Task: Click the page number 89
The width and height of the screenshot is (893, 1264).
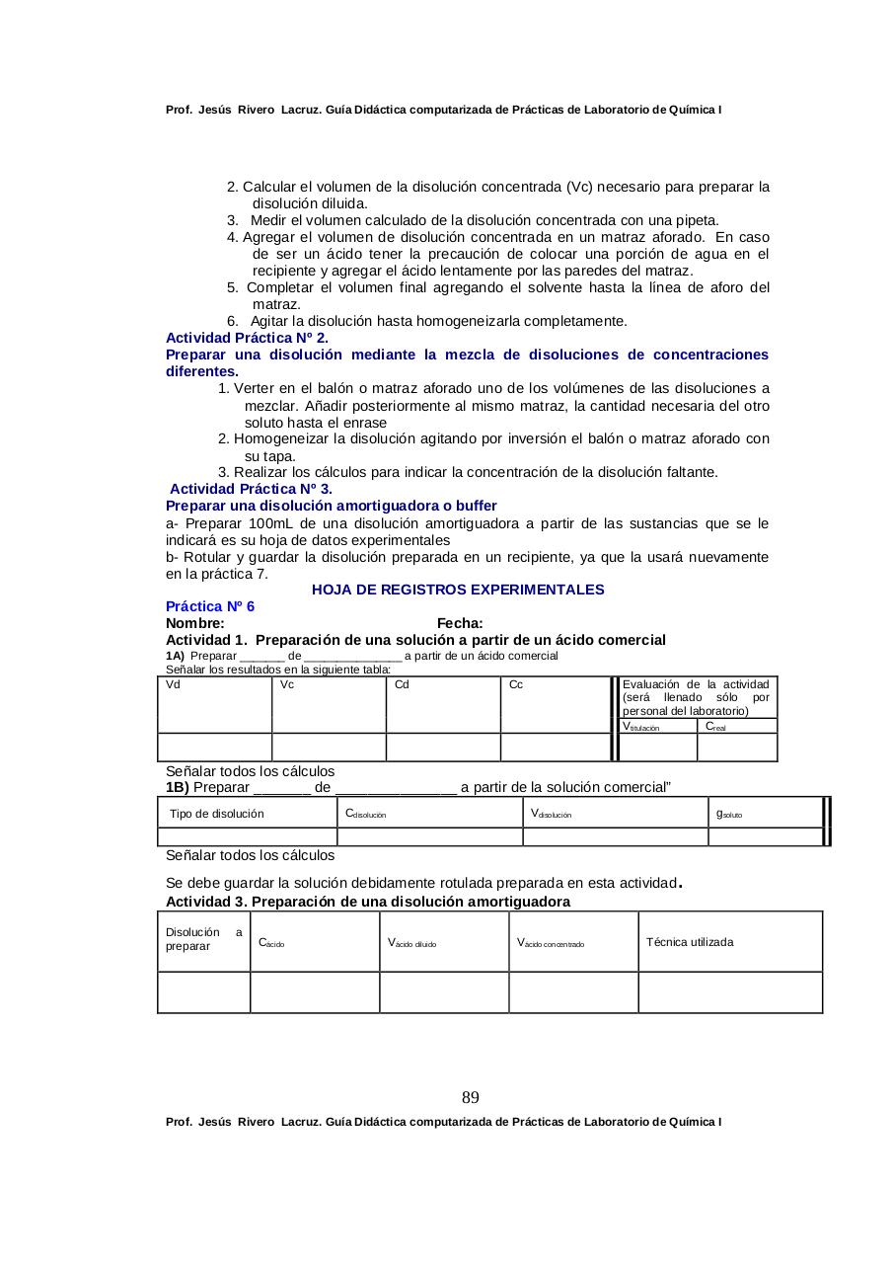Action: point(471,1098)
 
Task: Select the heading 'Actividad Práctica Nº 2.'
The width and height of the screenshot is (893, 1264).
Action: point(247,338)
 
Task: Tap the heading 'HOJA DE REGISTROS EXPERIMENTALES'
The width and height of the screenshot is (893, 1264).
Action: point(458,590)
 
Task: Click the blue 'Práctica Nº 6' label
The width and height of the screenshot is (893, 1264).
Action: point(210,606)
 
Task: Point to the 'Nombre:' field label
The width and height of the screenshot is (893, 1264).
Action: point(195,623)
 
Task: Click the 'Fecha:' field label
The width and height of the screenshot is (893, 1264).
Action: point(460,623)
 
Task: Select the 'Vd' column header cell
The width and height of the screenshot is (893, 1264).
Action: point(214,704)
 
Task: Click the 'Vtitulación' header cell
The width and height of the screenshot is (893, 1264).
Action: point(657,726)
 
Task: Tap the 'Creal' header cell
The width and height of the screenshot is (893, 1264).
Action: point(737,726)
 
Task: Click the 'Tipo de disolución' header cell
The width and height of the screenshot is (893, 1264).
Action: point(247,814)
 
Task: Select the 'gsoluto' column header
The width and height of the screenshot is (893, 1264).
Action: point(765,814)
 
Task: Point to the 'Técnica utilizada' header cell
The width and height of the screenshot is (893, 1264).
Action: point(729,942)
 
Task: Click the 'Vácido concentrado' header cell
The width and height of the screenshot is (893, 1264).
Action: point(573,942)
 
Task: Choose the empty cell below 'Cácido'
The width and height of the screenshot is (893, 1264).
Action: point(315,992)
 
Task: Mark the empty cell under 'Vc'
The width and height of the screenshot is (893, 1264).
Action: point(329,748)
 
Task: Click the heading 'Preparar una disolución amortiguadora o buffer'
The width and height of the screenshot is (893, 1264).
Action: point(332,506)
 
